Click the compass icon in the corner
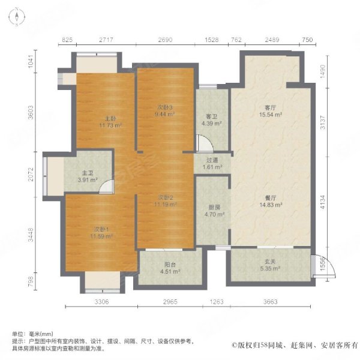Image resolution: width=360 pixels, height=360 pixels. tap(17, 17)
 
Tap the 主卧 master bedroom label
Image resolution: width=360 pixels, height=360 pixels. tap(110, 119)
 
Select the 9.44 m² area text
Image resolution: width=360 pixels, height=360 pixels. tap(165, 113)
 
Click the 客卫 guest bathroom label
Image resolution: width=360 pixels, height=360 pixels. tap(211, 116)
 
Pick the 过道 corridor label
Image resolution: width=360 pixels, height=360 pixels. tap(212, 160)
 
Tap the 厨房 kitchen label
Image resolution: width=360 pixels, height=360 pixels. tap(214, 208)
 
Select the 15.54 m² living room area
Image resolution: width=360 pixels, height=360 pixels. tap(271, 115)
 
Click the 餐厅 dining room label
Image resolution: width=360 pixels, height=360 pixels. tap(271, 197)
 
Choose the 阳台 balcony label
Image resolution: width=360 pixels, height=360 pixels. tap(170, 265)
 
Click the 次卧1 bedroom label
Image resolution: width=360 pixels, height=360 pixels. tap(101, 229)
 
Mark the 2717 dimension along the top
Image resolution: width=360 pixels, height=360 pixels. tap(106, 40)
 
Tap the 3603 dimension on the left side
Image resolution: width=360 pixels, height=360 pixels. tap(31, 112)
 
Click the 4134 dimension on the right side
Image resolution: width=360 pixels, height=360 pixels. tap(323, 202)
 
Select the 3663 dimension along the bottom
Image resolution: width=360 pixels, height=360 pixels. tap(271, 301)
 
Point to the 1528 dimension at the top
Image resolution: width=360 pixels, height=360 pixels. tap(211, 40)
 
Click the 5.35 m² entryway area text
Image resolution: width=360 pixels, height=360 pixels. tap(270, 268)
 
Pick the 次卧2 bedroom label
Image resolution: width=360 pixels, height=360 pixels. tap(166, 197)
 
